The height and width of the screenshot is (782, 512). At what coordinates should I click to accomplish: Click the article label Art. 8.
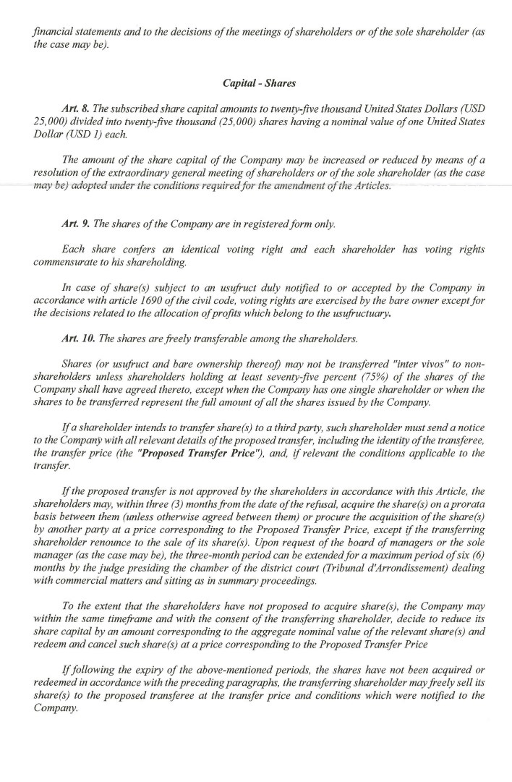74,109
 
